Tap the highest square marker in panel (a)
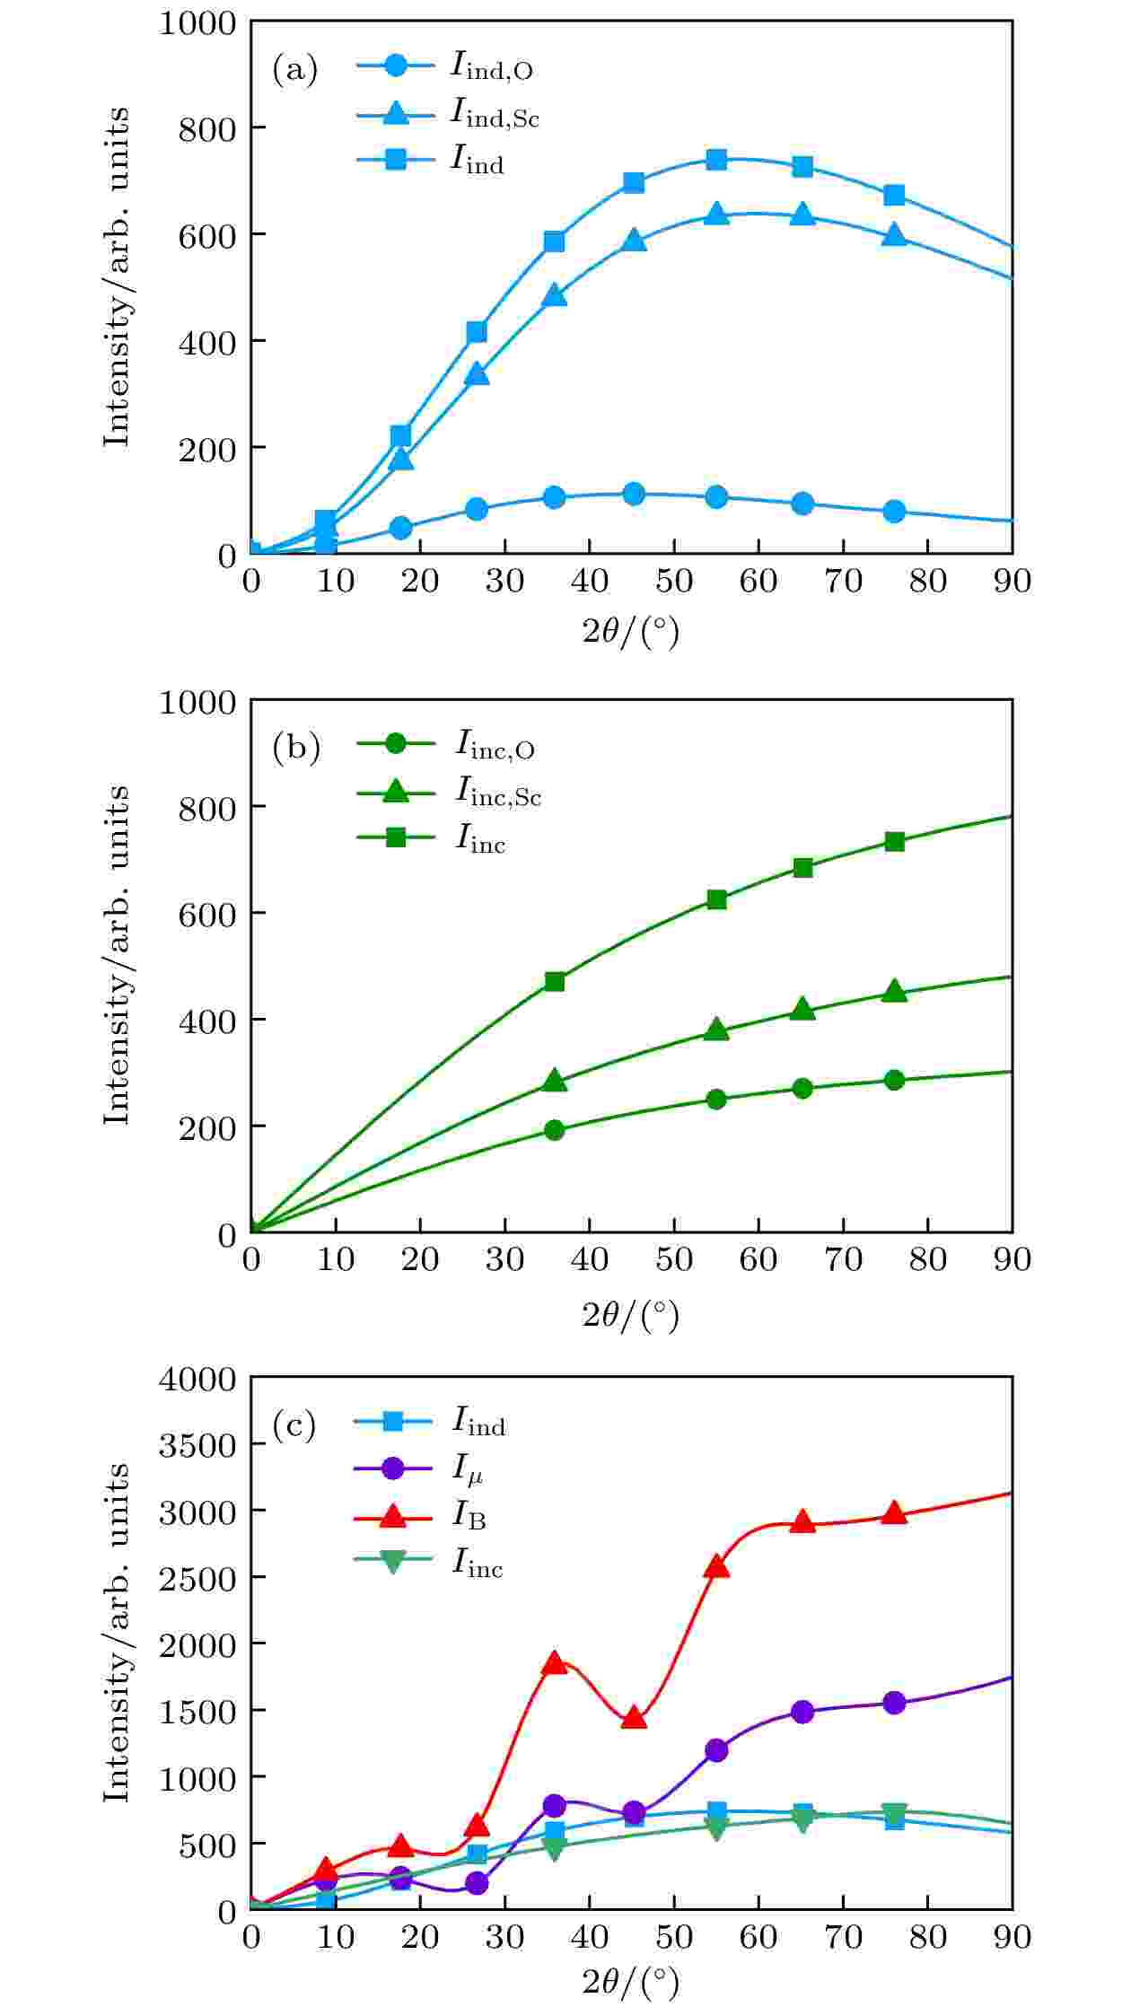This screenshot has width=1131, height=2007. coord(716,160)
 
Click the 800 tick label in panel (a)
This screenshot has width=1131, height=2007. coord(206,128)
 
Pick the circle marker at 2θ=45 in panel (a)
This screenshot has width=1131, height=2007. coord(634,494)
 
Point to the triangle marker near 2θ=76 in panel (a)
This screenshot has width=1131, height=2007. coord(894,235)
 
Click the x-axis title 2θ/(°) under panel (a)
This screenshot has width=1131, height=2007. coord(631,633)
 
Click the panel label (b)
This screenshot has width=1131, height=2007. coord(295,749)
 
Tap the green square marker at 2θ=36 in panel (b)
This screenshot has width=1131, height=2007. coord(555,981)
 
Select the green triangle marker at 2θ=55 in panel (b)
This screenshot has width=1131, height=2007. coord(716,1030)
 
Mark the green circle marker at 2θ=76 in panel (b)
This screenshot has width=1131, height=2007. coord(894,1080)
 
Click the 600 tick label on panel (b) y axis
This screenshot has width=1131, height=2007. coord(206,914)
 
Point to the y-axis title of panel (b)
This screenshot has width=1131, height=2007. coord(117,955)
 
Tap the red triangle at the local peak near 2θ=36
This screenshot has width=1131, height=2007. coord(555,1662)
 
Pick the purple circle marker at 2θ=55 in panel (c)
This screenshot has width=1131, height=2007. coord(716,1749)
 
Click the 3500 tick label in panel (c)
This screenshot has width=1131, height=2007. coord(197,1446)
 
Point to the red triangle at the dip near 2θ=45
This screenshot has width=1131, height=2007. coord(634,1718)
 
